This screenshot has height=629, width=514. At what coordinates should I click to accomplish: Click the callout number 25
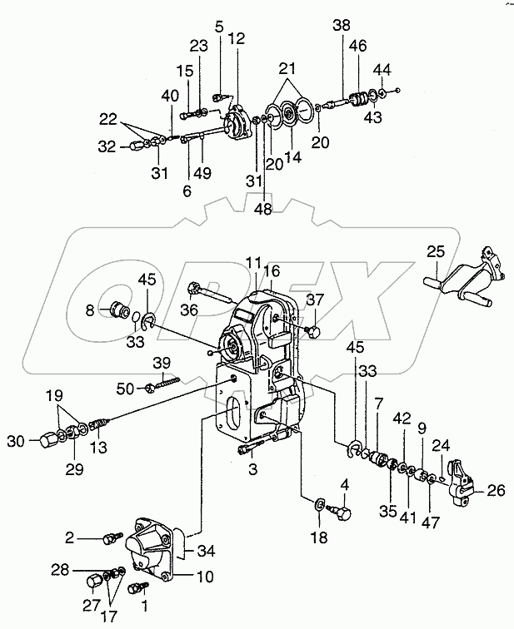437,251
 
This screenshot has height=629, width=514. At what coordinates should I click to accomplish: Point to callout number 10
207,575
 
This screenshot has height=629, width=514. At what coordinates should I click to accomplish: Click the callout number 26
497,490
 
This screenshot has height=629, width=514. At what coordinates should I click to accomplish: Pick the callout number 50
125,388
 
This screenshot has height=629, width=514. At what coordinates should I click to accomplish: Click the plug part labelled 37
315,331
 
